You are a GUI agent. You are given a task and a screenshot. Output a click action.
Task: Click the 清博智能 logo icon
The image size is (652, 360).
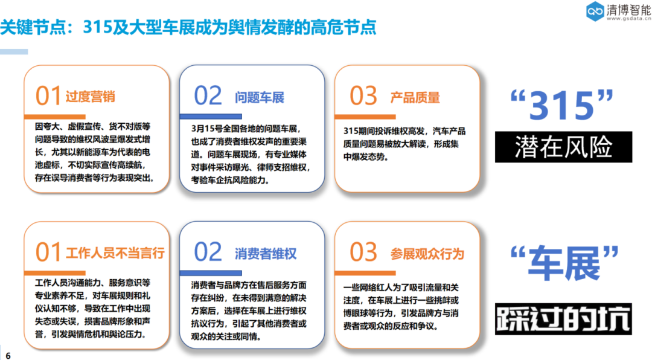coord(595,11)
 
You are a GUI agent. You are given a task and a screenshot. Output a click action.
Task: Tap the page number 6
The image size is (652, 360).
coord(8,355)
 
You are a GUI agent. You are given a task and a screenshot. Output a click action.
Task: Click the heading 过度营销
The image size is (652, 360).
coord(90,97)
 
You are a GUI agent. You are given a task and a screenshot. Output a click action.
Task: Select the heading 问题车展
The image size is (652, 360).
coord(260,98)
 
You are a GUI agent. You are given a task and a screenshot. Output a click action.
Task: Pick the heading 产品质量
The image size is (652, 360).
coord(415,98)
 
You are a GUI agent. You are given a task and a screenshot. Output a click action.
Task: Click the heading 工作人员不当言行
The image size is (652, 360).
coord(115,253)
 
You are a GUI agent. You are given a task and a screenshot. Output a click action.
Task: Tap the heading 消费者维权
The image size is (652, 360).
coord(266,254)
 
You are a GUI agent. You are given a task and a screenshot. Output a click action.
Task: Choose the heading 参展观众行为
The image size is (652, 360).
coord(427,254)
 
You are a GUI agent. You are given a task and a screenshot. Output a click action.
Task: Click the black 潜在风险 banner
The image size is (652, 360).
coord(563,147)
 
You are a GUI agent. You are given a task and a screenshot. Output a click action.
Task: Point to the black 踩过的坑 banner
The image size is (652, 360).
coord(563,319)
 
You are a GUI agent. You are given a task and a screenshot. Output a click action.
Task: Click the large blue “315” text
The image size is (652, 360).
coord(562,104)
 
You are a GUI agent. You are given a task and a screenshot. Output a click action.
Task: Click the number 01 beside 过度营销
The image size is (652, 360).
coord(48,95)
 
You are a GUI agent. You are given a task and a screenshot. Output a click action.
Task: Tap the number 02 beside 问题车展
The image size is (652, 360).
coord(208,95)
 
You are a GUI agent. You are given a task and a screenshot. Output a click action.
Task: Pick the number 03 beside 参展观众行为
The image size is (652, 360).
coord(363,252)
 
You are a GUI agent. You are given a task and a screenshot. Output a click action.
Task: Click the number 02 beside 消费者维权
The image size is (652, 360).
coord(208,252)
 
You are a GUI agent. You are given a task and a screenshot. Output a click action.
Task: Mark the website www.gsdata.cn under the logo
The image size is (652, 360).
coord(628,19)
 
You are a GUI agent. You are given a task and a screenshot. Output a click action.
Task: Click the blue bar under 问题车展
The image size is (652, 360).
coord(211,117)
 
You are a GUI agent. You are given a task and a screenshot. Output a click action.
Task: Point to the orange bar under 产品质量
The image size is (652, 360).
coord(365,117)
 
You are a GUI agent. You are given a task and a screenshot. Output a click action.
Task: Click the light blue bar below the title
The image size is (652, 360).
coord(14,52)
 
